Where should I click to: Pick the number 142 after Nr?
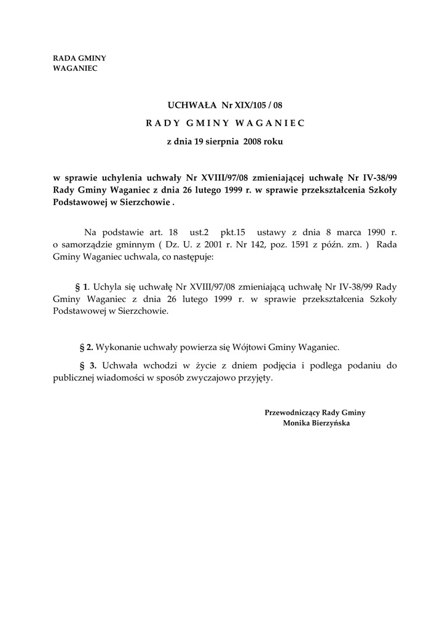[x=243, y=245]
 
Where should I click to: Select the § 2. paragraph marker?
[x=87, y=347]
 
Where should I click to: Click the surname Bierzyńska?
[x=329, y=423]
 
